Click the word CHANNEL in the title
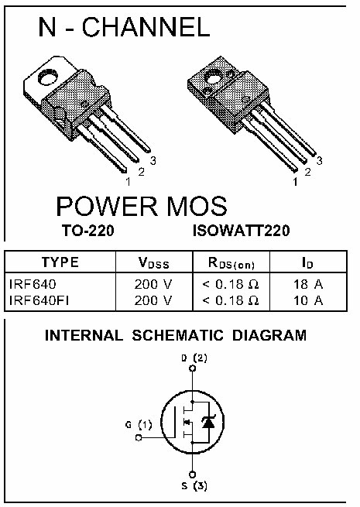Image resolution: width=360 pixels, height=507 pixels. (146, 27)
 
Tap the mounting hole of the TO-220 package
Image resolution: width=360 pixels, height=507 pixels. (48, 77)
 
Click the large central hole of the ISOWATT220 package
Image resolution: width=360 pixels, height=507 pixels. (214, 77)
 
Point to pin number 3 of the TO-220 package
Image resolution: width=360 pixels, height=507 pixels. (153, 160)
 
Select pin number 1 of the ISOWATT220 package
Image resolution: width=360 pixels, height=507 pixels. (295, 182)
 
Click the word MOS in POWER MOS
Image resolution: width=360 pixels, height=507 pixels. (197, 207)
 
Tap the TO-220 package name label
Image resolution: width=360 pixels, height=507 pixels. (88, 231)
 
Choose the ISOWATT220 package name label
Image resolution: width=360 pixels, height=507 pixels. (242, 231)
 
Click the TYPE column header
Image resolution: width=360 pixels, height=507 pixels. (60, 262)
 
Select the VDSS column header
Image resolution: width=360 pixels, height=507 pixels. (153, 262)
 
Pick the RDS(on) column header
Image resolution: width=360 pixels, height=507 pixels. (231, 263)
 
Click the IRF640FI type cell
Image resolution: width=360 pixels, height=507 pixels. (39, 300)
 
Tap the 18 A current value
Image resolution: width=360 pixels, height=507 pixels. (308, 284)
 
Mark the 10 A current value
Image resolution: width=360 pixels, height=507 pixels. (308, 300)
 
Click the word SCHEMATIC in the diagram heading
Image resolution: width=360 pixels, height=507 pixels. (177, 335)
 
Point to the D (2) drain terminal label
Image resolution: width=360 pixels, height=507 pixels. (194, 358)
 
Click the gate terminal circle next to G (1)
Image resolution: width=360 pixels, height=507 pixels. (139, 438)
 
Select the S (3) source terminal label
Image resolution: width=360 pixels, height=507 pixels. (194, 485)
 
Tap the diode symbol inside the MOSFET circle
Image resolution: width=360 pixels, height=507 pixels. (208, 422)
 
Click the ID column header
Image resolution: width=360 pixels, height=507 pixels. (307, 262)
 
